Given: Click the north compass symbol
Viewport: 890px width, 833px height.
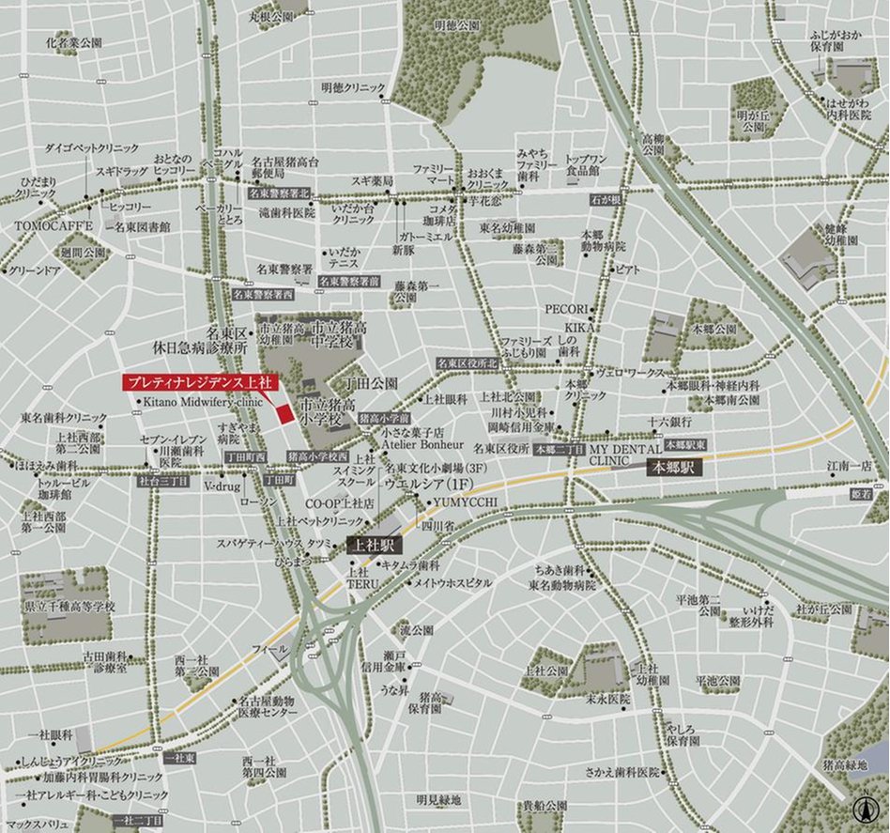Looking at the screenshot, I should [863, 808].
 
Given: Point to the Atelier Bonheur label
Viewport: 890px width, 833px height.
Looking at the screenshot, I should [422, 444].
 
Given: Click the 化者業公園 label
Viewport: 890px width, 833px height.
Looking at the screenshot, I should [74, 43].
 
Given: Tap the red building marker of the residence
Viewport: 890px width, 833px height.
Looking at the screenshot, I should [285, 414].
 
